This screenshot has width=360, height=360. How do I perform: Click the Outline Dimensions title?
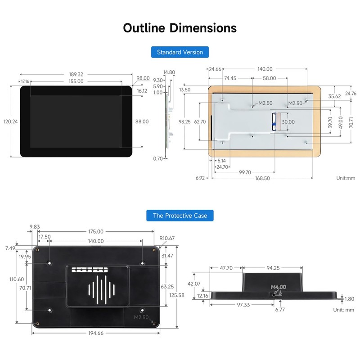(x=180, y=27)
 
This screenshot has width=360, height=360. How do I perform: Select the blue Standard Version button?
(x=180, y=52)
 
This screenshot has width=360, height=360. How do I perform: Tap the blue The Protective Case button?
(x=180, y=216)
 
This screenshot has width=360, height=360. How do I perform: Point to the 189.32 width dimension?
(x=76, y=74)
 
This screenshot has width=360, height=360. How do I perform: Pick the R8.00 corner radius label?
(x=143, y=78)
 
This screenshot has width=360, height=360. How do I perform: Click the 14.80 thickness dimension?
(x=169, y=72)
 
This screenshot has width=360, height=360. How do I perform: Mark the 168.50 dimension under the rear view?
(x=265, y=178)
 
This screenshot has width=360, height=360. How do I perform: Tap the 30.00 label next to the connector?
(x=288, y=121)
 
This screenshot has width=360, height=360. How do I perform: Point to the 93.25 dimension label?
(x=184, y=121)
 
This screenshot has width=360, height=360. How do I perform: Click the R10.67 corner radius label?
(x=167, y=238)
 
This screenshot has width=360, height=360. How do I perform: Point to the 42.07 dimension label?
(x=194, y=283)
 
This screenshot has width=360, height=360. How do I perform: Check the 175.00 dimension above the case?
(x=96, y=231)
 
